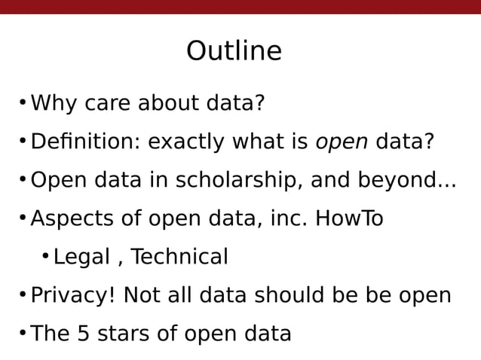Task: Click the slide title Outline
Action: pyautogui.click(x=234, y=51)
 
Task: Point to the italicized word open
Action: pyautogui.click(x=342, y=142)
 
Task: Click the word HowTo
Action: pyautogui.click(x=349, y=218)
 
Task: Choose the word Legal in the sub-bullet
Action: pyautogui.click(x=81, y=258)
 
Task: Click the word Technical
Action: pyautogui.click(x=179, y=257)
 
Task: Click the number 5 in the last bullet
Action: pyautogui.click(x=84, y=334)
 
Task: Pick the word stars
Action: pyautogui.click(x=121, y=334)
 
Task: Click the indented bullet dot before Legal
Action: pyautogui.click(x=45, y=257)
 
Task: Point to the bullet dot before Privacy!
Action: pyautogui.click(x=23, y=294)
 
